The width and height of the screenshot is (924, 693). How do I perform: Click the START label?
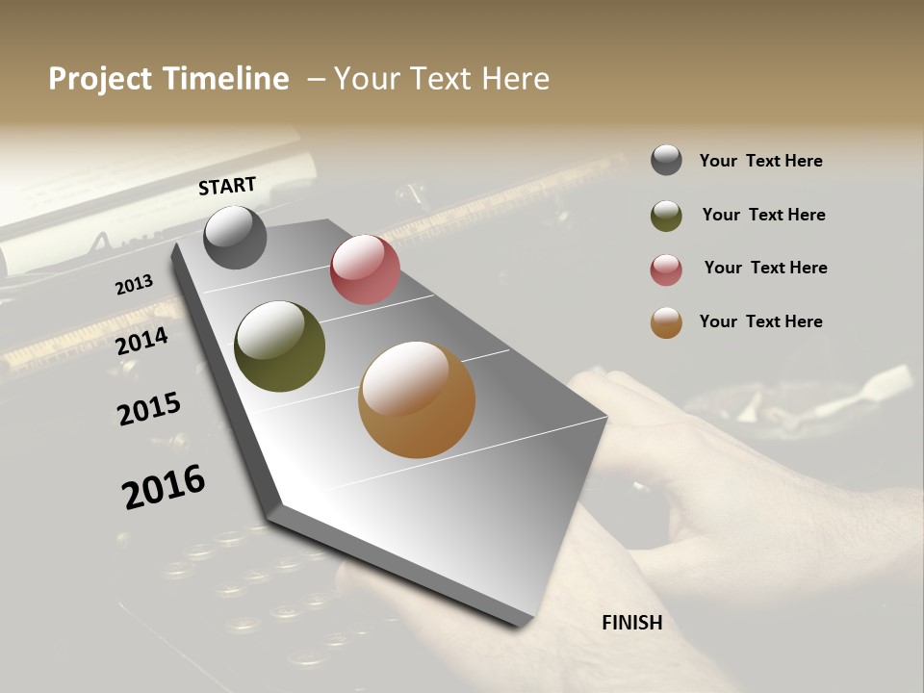pos(227,186)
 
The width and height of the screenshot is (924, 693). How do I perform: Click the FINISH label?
pos(631,623)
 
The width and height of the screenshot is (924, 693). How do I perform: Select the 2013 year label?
pos(134,284)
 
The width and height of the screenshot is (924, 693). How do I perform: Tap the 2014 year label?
pos(142,341)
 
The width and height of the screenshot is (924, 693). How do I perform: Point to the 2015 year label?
pos(149,409)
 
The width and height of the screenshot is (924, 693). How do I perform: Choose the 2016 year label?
pos(164,487)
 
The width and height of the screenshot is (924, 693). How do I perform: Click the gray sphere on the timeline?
pos(235,237)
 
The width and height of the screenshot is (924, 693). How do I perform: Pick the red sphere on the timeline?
pos(365,269)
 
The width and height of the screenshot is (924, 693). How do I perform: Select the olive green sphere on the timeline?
pos(279,346)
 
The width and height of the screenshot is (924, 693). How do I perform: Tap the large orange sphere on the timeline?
pos(417,399)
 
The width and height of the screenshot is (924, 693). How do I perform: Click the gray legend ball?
pos(666,160)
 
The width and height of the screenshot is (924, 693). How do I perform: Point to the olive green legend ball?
pos(666,216)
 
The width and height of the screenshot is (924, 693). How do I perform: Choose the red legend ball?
pos(666,269)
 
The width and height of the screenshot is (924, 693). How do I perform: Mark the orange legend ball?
pos(666,323)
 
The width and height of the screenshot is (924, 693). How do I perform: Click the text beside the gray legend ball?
pos(760,161)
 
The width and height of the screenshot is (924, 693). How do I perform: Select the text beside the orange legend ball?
pos(760,321)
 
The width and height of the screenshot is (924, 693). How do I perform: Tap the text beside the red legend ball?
pos(765,268)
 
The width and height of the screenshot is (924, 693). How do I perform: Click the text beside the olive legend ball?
pos(763,215)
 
